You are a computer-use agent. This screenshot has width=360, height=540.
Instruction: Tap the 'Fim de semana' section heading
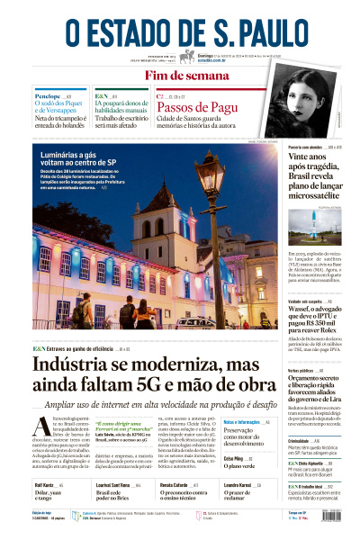coord(180,76)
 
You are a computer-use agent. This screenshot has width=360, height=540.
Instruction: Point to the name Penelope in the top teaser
coord(47,95)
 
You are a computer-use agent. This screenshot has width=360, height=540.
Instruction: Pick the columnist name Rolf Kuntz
coord(45,484)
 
